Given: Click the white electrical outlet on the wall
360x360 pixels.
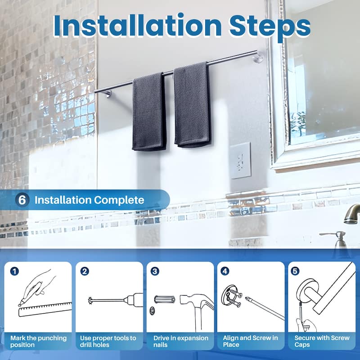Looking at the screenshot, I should point(241,161).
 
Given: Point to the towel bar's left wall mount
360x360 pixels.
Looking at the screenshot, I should point(107,93).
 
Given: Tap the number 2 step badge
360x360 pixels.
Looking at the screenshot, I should point(84,271).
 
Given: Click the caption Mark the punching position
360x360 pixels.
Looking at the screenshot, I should point(39,341).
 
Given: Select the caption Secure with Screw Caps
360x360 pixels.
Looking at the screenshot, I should point(322,341).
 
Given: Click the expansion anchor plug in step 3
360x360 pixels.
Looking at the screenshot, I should point(163,299).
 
